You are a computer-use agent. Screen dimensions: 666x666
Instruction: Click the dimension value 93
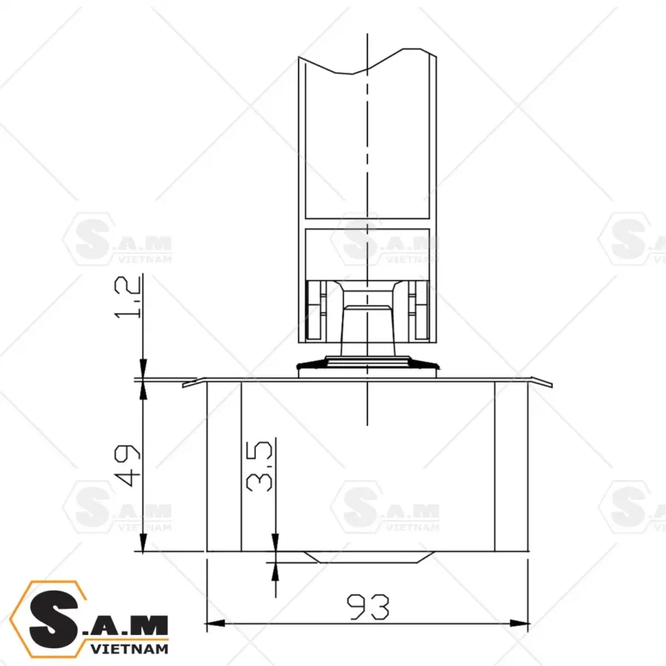click(x=368, y=607)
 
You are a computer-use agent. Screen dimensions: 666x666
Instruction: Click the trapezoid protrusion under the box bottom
click(x=368, y=556)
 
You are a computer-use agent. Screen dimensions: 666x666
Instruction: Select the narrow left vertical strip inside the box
click(x=223, y=466)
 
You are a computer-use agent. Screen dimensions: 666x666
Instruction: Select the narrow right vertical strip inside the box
click(x=511, y=466)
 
